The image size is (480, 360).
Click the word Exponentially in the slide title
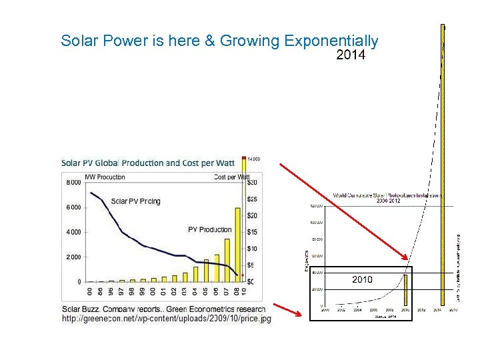pos(331,41)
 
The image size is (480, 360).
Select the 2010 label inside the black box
pos(362,279)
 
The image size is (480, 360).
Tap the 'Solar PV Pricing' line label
pos(136,201)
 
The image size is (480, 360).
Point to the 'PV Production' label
pos(210,230)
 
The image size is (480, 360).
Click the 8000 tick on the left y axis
pos(73,183)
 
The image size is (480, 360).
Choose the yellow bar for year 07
pos(227,263)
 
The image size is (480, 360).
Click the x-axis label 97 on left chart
pos(121,291)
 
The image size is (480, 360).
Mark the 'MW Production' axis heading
pos(105,177)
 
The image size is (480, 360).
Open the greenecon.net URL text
pos(167,319)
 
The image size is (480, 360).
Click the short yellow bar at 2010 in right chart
pos(405,290)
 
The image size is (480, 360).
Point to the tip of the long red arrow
pos(407,259)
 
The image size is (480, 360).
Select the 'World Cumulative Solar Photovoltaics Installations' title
pos(388,197)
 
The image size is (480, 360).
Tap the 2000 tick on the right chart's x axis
pos(325,310)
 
